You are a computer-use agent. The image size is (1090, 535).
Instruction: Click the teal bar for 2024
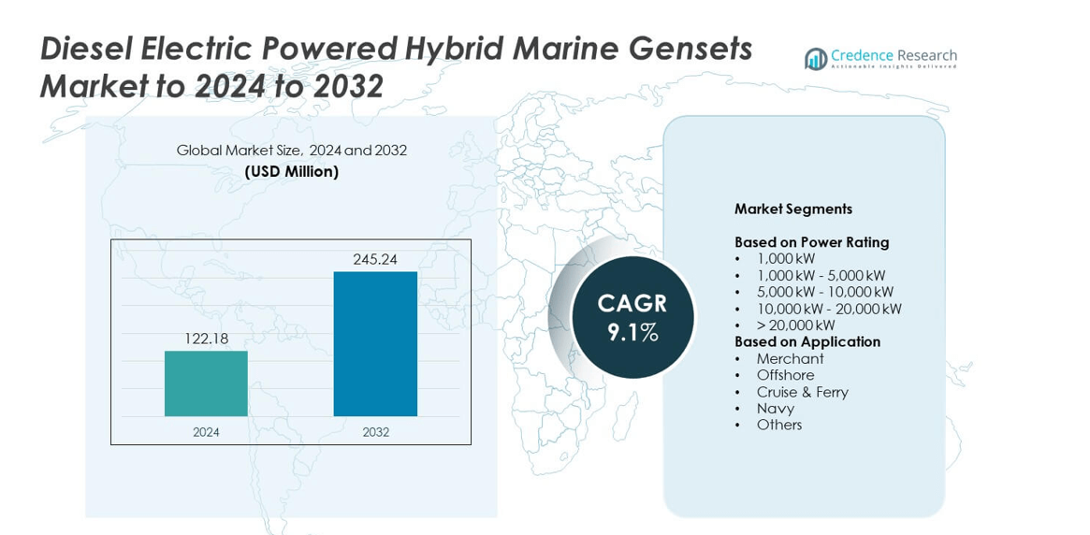pos(206,383)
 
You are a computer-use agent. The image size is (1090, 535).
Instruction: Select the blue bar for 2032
pos(375,343)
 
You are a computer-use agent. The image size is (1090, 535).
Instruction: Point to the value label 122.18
pos(206,339)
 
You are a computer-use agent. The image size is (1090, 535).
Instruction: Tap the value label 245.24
pos(375,259)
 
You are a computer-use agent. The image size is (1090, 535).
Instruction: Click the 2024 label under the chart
pos(206,432)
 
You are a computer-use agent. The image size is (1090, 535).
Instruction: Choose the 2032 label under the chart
pos(375,432)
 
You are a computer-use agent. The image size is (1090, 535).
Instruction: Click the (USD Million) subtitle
pos(291,172)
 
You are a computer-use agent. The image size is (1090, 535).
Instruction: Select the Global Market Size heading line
pos(291,151)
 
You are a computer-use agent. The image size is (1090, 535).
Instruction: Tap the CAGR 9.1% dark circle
pos(632,317)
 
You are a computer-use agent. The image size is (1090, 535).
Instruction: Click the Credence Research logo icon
pos(816,59)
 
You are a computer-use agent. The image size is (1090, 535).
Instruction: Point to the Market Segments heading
pos(792,210)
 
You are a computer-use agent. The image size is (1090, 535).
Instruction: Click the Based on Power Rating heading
pos(811,242)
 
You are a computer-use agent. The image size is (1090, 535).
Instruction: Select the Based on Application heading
pos(807,341)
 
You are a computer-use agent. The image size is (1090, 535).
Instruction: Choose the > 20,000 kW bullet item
pos(795,325)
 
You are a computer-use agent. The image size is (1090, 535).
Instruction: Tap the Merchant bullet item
pos(790,358)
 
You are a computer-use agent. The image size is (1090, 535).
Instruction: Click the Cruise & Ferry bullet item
pos(802,392)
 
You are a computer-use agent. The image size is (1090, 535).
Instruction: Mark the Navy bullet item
pos(775,408)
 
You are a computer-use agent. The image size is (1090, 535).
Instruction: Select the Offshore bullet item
pos(785,375)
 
